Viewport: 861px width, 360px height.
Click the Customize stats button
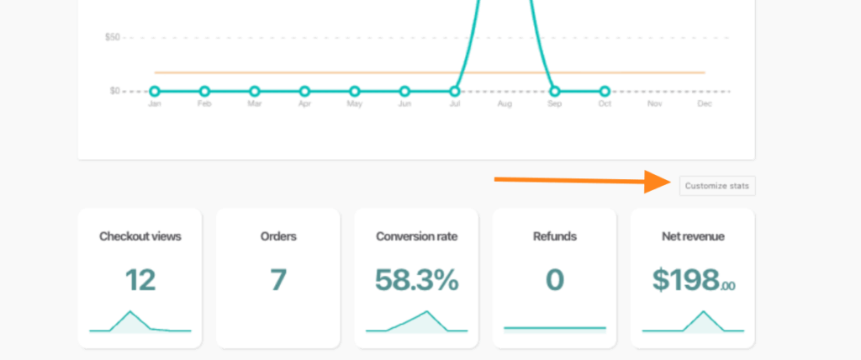716,186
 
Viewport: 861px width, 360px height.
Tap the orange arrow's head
659,182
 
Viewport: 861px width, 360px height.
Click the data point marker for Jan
155,91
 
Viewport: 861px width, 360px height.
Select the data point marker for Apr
304,91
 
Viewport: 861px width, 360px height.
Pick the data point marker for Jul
455,91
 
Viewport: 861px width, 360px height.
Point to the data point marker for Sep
554,91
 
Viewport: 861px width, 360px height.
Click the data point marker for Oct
605,91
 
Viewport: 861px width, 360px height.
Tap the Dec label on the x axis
705,104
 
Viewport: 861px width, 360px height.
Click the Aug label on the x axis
504,104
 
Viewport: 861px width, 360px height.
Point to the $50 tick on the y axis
112,37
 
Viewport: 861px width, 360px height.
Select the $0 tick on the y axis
114,91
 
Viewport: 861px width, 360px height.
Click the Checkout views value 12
140,279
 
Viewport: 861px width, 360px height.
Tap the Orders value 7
278,279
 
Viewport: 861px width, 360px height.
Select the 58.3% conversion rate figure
416,279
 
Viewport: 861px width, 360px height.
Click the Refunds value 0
554,279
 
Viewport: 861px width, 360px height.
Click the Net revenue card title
693,236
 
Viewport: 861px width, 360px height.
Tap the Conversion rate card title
416,236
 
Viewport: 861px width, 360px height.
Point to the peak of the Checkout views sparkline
130,312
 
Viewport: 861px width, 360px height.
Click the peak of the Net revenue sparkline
703,312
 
